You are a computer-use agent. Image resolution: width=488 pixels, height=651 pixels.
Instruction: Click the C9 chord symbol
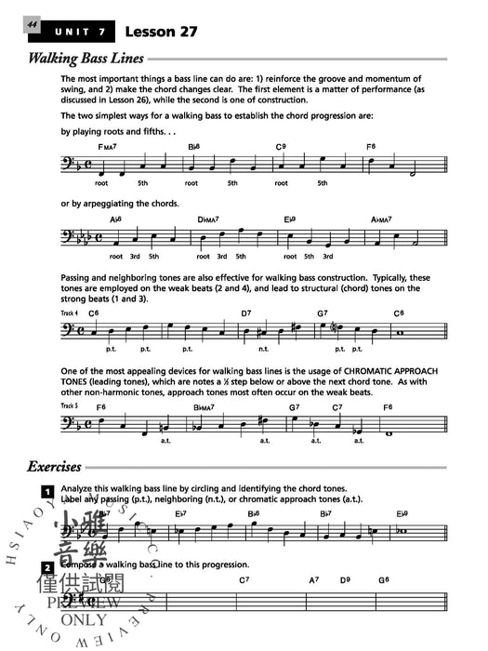click(x=280, y=147)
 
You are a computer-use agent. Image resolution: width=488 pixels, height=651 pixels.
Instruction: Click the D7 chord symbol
click(x=246, y=314)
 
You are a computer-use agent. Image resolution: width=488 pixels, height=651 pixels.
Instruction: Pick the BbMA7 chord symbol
click(x=204, y=406)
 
